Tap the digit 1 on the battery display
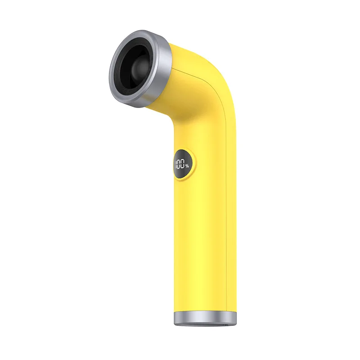(x=176, y=165)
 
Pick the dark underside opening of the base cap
(x=205, y=324)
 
